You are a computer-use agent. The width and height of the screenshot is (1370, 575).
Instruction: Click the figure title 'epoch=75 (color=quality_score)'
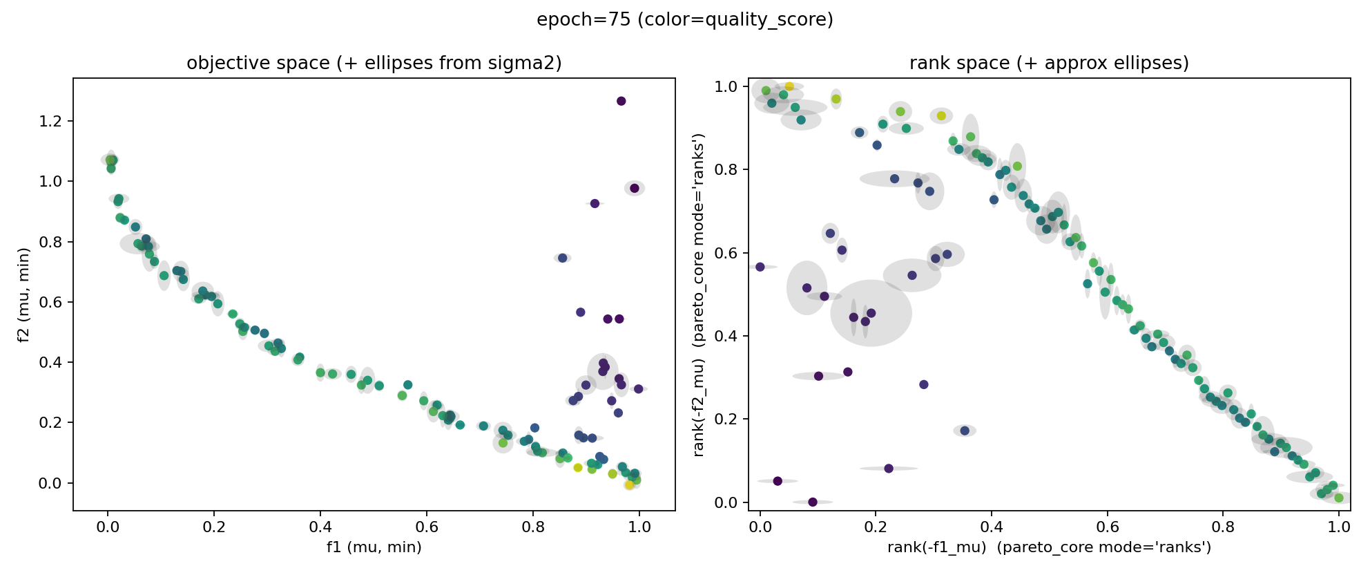tap(684, 20)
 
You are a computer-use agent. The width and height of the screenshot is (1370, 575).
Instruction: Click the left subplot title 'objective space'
tap(374, 64)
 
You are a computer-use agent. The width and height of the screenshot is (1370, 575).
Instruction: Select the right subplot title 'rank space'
tap(1048, 64)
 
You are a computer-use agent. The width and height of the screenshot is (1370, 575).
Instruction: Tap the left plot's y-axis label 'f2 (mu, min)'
tap(24, 295)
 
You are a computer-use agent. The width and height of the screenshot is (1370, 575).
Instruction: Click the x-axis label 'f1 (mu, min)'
tap(374, 547)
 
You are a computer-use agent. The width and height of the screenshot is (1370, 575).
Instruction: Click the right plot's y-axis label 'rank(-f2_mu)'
tap(699, 295)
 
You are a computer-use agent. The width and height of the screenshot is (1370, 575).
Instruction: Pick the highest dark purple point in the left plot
tap(621, 101)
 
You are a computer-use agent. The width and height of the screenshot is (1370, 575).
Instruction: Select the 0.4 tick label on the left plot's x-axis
tap(320, 527)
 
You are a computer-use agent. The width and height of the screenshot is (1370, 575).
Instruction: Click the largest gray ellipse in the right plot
tap(871, 313)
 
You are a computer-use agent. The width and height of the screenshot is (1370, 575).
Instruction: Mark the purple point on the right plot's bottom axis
tap(813, 502)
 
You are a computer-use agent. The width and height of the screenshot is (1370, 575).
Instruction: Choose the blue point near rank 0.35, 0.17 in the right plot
tap(965, 431)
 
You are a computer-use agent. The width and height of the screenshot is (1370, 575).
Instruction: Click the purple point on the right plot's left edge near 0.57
tap(760, 267)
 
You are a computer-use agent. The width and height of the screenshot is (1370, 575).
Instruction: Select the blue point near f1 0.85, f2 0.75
tap(562, 258)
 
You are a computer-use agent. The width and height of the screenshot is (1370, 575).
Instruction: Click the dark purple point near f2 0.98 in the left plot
tap(635, 188)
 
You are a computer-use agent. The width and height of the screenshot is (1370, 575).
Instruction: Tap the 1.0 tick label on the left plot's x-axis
tap(639, 527)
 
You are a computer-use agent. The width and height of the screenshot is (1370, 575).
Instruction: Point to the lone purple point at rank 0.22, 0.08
tap(889, 469)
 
